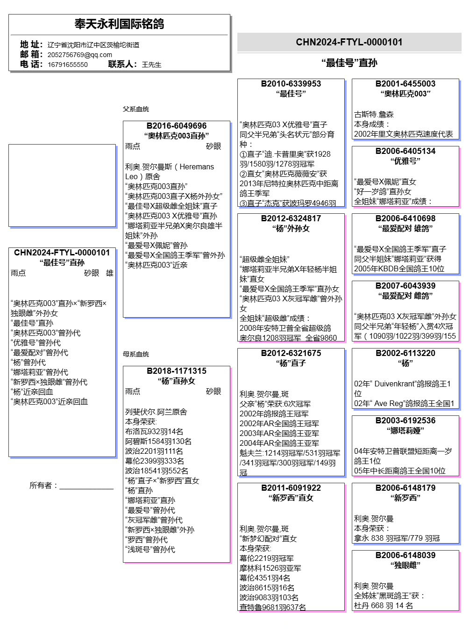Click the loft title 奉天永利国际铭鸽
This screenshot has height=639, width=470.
pos(119,24)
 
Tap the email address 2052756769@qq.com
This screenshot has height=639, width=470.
pos(80,55)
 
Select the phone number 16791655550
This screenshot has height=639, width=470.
pos(68,65)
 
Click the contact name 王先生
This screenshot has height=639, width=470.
pos(151,65)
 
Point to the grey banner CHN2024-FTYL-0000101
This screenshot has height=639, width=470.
pos(349,42)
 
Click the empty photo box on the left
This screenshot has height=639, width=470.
pos(62,185)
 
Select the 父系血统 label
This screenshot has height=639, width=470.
pos(136,109)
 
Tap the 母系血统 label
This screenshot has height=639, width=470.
pos(136,354)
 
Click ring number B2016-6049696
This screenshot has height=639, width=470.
pos(177,126)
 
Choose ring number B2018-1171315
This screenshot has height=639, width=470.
pos(177,371)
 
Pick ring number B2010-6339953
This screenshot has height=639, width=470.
pos(291,84)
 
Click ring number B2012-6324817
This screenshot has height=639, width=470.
pos(291,218)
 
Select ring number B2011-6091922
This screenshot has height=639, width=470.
pos(291,488)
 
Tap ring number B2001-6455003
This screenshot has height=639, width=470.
pos(406,84)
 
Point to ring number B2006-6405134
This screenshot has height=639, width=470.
pos(406,151)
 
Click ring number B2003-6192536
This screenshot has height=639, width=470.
pos(406,421)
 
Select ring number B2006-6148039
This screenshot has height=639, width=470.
pos(406,555)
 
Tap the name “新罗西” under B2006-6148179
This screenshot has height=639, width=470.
pos(406,498)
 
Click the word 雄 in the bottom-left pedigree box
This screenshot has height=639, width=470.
pos(110,273)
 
